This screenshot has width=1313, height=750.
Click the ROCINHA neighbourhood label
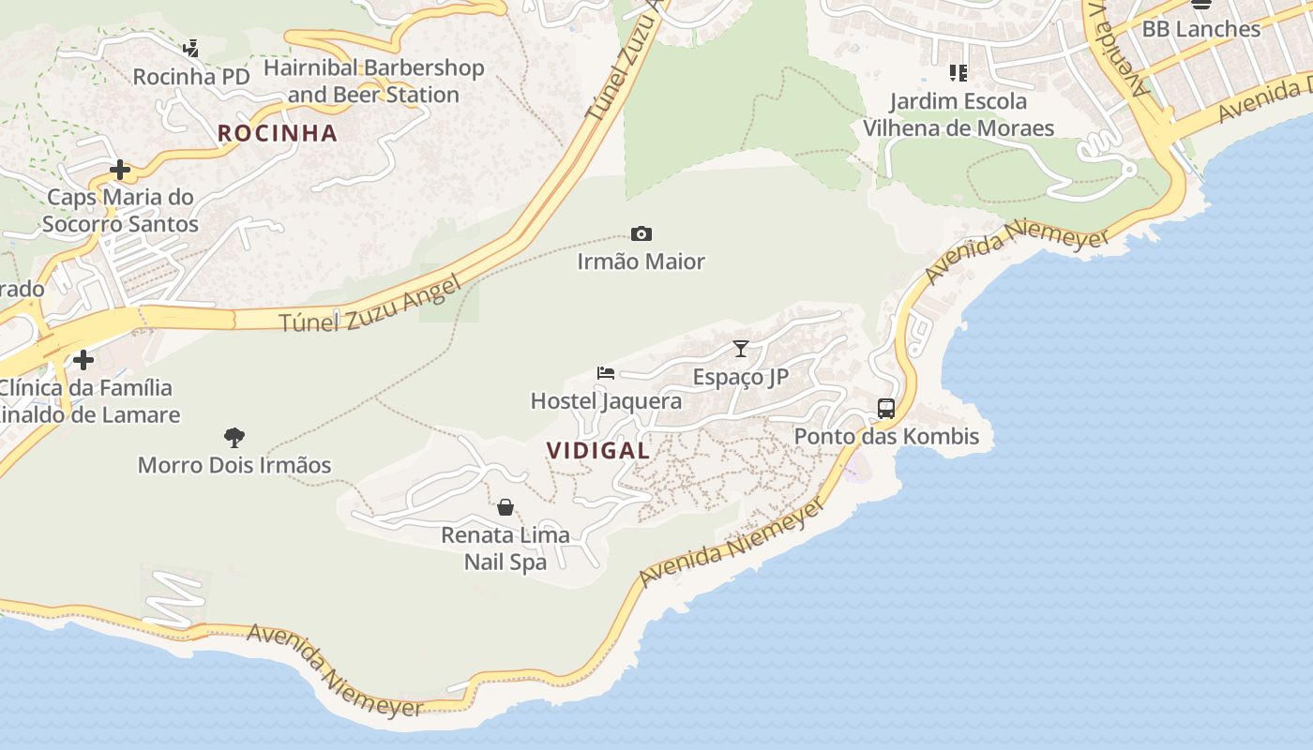(278, 133)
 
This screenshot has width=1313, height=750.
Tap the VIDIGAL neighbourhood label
(598, 450)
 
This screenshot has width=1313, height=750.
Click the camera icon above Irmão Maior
(641, 233)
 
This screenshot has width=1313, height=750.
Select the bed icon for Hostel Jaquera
(606, 373)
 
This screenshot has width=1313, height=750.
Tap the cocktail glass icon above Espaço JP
(741, 349)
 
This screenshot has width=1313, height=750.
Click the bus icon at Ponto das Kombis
(886, 409)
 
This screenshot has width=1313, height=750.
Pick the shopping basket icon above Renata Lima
(506, 507)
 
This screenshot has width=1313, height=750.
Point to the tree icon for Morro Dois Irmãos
(234, 437)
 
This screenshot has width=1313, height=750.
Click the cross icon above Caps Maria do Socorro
(120, 170)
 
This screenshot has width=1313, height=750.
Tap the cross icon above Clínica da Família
(83, 359)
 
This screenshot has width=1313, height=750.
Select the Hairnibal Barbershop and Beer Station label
(373, 82)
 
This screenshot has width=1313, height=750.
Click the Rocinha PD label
(191, 77)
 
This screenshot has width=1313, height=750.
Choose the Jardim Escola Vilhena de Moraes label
(958, 114)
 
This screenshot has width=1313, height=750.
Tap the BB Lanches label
(1200, 29)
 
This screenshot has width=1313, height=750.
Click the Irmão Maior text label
(641, 262)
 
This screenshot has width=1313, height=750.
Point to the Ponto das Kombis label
(886, 436)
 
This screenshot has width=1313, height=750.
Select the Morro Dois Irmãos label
(234, 465)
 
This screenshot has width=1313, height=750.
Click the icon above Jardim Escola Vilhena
(958, 72)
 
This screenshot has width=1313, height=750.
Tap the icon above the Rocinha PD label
(191, 48)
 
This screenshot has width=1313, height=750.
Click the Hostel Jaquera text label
(606, 401)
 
